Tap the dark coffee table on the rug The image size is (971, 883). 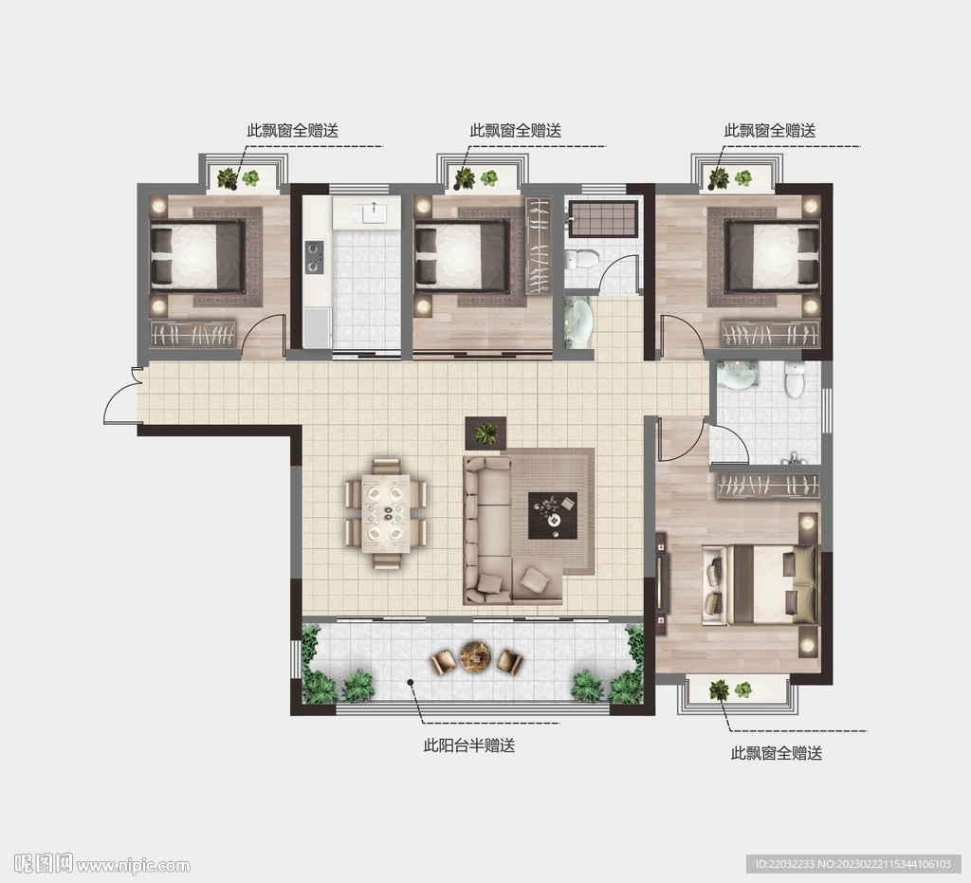tap(553, 515)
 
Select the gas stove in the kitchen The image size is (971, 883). tap(315, 257)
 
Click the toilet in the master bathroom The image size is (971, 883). tap(794, 378)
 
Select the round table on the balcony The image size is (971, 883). tap(476, 656)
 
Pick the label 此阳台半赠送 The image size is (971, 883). tap(468, 745)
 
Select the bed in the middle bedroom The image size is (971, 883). tap(462, 256)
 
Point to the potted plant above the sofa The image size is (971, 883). tap(485, 432)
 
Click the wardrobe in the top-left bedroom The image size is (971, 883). tap(193, 335)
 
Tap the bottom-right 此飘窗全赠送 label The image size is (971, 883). tap(777, 754)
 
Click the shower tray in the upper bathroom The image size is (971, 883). tap(603, 218)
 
